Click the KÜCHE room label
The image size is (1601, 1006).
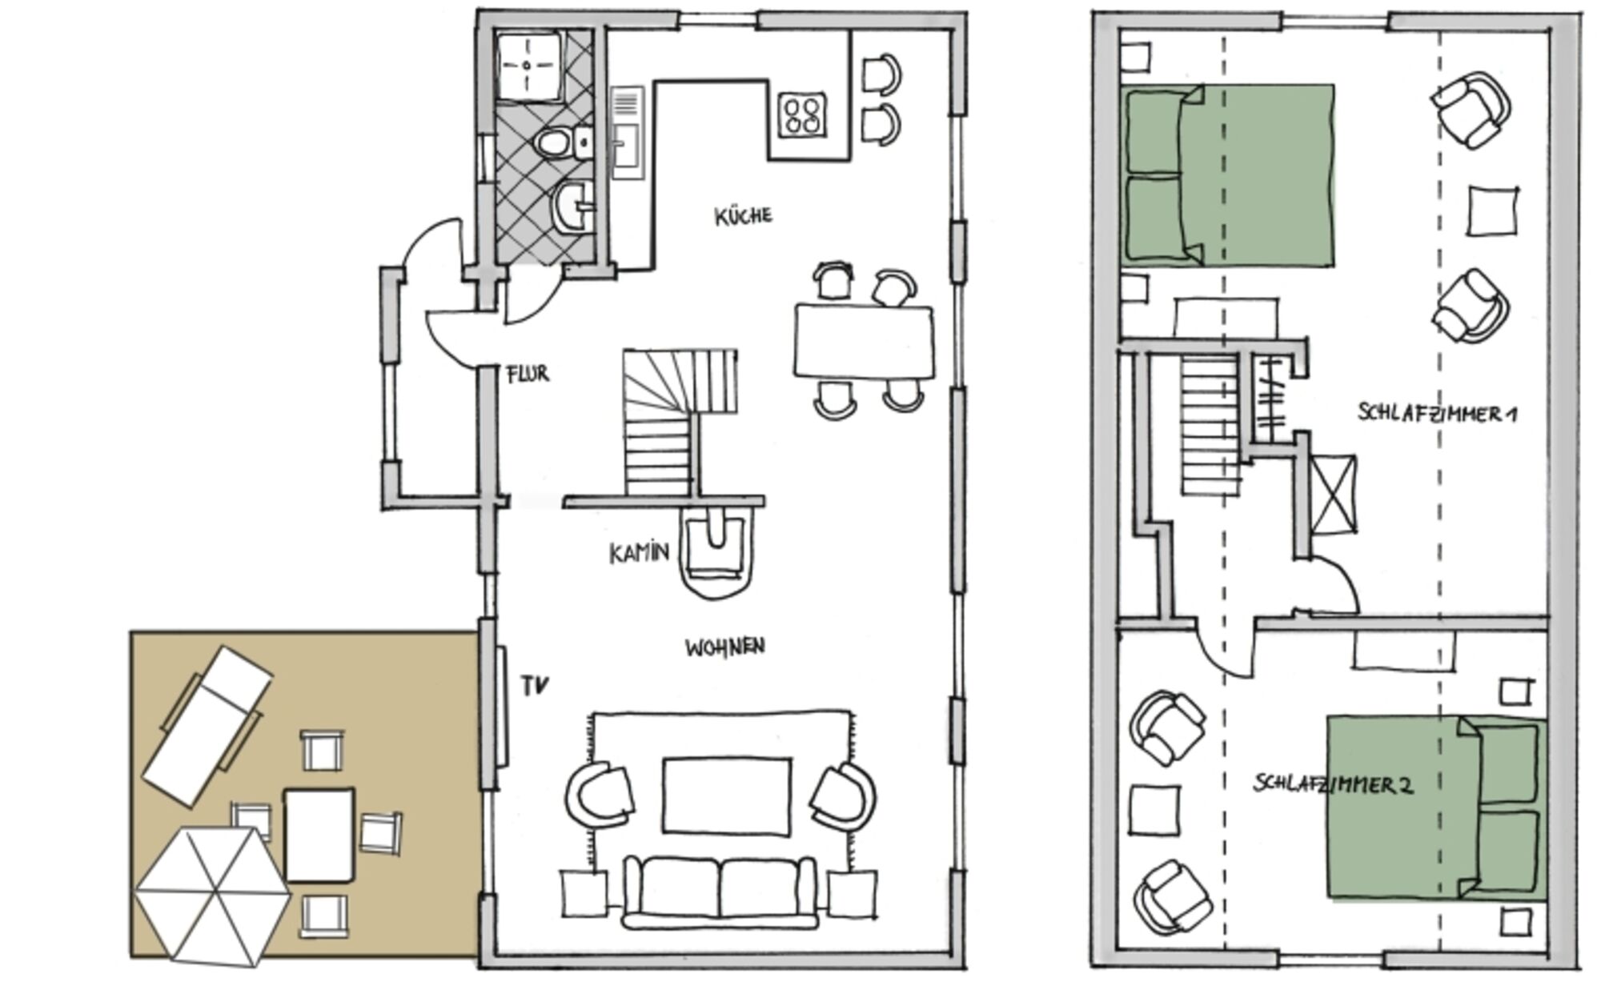pos(744,216)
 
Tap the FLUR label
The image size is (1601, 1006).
pos(528,374)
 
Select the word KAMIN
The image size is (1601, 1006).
pos(639,553)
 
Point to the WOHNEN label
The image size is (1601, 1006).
pos(724,647)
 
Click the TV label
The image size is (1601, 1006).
pos(536,686)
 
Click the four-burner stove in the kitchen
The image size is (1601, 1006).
pos(803,114)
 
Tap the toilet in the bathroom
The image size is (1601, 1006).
pos(552,144)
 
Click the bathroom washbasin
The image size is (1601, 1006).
pos(574,206)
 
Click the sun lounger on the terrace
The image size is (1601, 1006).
pos(208,726)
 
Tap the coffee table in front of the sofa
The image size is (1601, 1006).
pos(727,797)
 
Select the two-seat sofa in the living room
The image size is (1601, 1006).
pos(720,892)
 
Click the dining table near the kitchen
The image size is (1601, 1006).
pos(865,342)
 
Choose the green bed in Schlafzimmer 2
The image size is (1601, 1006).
pos(1436,808)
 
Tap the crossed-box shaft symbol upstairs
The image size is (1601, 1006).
pos(1334,494)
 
